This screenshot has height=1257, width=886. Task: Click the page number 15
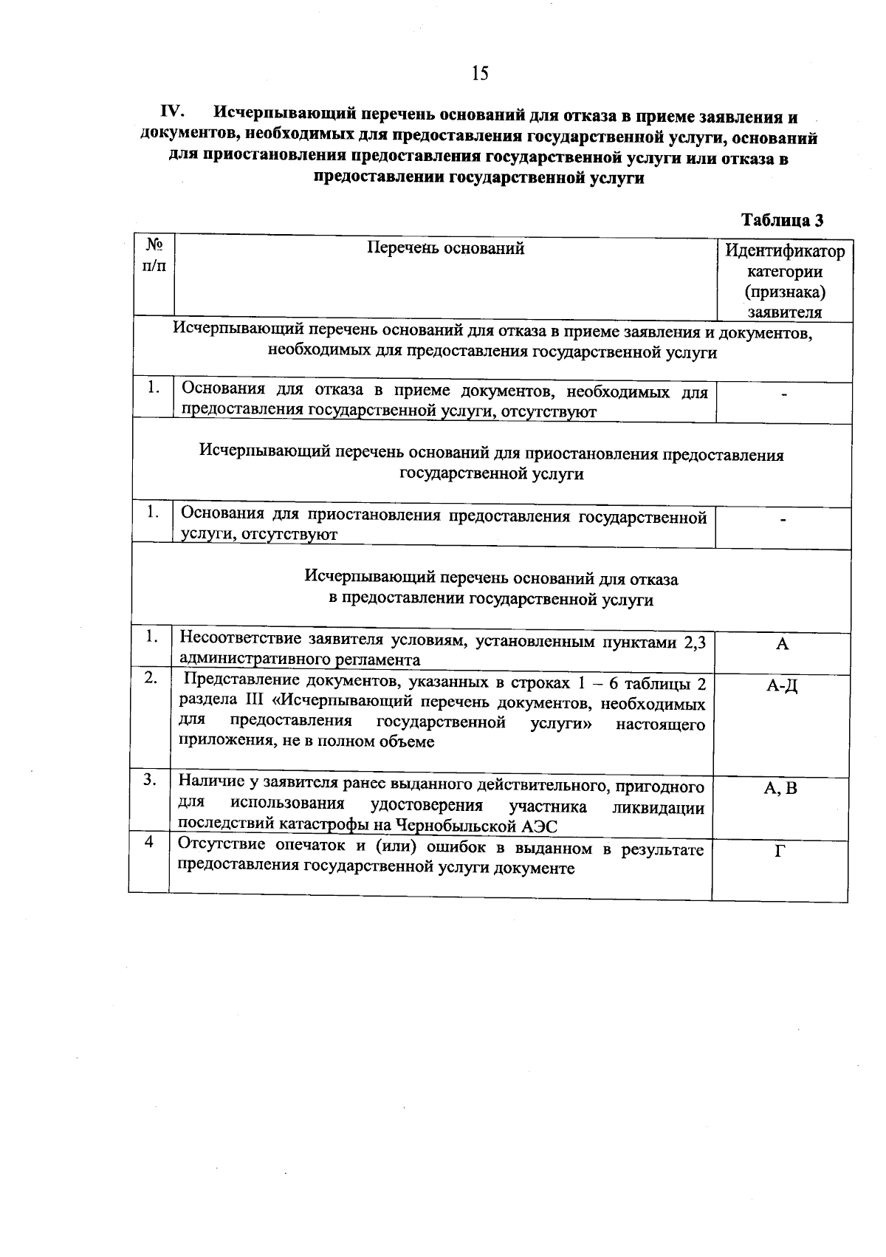point(480,72)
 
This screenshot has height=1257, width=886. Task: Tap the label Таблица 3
point(782,220)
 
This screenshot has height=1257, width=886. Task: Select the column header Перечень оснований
point(446,248)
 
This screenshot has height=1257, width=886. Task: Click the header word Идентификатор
point(784,251)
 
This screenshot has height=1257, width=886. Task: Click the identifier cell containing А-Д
point(782,686)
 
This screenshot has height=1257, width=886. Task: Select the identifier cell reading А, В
point(780,788)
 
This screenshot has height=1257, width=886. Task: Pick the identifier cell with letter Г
point(780,851)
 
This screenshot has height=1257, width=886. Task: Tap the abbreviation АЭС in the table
point(540,826)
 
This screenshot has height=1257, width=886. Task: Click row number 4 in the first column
point(149,841)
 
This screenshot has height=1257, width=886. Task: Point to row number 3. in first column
point(150,780)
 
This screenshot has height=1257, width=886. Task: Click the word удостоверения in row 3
point(426,805)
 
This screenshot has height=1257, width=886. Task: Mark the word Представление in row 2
point(241,680)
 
